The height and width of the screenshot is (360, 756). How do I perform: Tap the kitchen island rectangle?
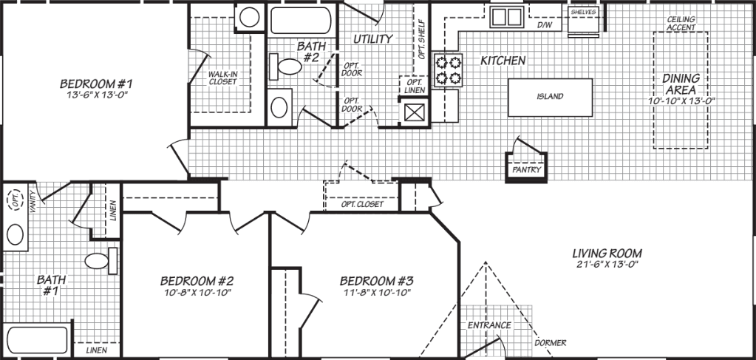pos(550,97)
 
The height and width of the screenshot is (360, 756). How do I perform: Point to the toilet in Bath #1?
pos(100,260)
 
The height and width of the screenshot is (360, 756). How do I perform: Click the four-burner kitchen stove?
pos(447,69)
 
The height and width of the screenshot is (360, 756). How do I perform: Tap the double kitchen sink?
pos(507,16)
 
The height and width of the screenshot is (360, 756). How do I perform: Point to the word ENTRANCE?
pos(488,325)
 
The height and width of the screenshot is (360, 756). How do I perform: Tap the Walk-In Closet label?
pos(222,78)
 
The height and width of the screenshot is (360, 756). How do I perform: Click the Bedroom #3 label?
pos(375,281)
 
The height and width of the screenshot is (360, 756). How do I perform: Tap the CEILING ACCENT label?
pos(680,23)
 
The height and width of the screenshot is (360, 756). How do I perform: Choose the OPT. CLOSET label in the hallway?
pos(362,204)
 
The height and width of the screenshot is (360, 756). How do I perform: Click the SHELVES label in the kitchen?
pos(583,13)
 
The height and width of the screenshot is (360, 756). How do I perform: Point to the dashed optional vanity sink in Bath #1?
pos(14,199)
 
